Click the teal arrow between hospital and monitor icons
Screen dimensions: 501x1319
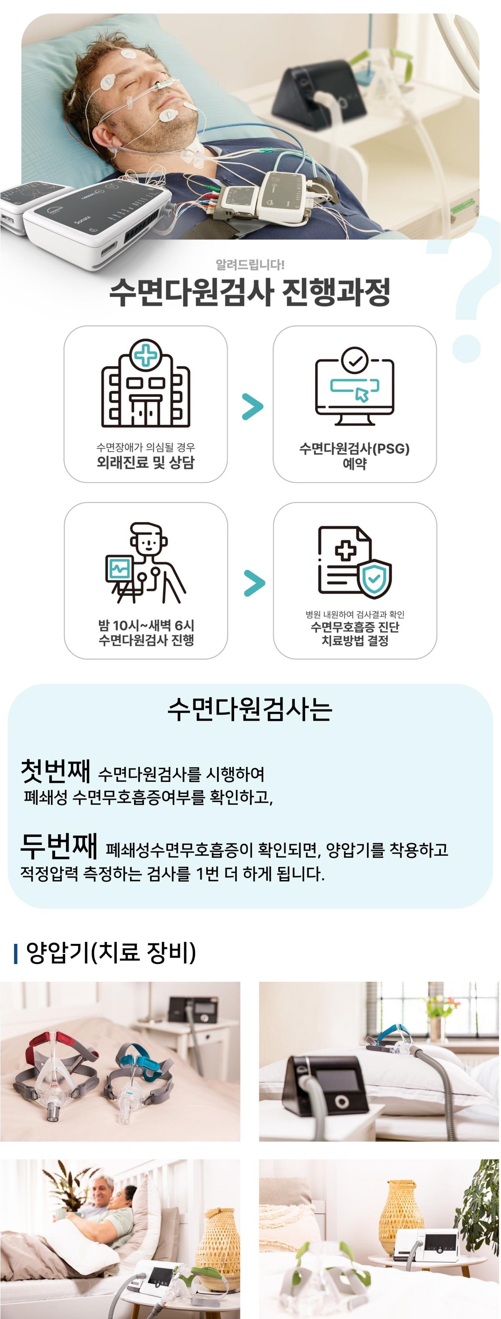(252, 406)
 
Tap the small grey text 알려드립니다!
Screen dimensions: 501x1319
(250, 264)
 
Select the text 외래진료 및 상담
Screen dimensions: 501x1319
(145, 462)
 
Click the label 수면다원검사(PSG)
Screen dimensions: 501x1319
(354, 449)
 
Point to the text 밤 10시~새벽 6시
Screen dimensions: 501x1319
(146, 625)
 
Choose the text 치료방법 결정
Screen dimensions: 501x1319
(354, 641)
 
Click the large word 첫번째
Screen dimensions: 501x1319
(56, 771)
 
